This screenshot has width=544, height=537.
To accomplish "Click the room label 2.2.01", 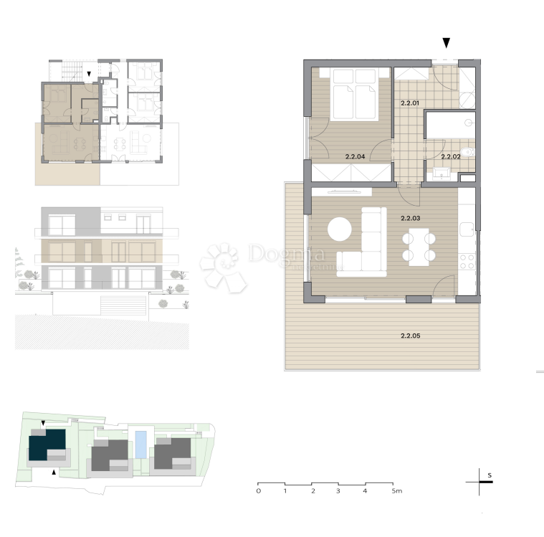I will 409,104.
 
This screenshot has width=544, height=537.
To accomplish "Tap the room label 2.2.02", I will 450,156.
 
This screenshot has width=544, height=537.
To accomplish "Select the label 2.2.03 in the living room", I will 410,218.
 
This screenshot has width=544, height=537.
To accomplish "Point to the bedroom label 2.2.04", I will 355,156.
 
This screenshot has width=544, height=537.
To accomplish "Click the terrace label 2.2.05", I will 410,336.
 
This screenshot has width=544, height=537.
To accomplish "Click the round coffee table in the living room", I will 340,229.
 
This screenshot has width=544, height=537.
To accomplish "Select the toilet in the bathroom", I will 467,151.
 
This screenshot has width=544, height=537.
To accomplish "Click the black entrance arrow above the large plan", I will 447,43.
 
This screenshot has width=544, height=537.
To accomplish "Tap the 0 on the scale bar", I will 258,492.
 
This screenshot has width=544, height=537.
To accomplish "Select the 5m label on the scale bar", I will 396,492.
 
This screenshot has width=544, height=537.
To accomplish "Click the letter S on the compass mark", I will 489,475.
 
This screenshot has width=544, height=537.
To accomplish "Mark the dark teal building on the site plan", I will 47,446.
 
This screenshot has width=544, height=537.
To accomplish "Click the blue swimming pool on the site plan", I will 141,444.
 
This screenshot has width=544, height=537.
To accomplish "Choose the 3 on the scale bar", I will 338,492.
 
